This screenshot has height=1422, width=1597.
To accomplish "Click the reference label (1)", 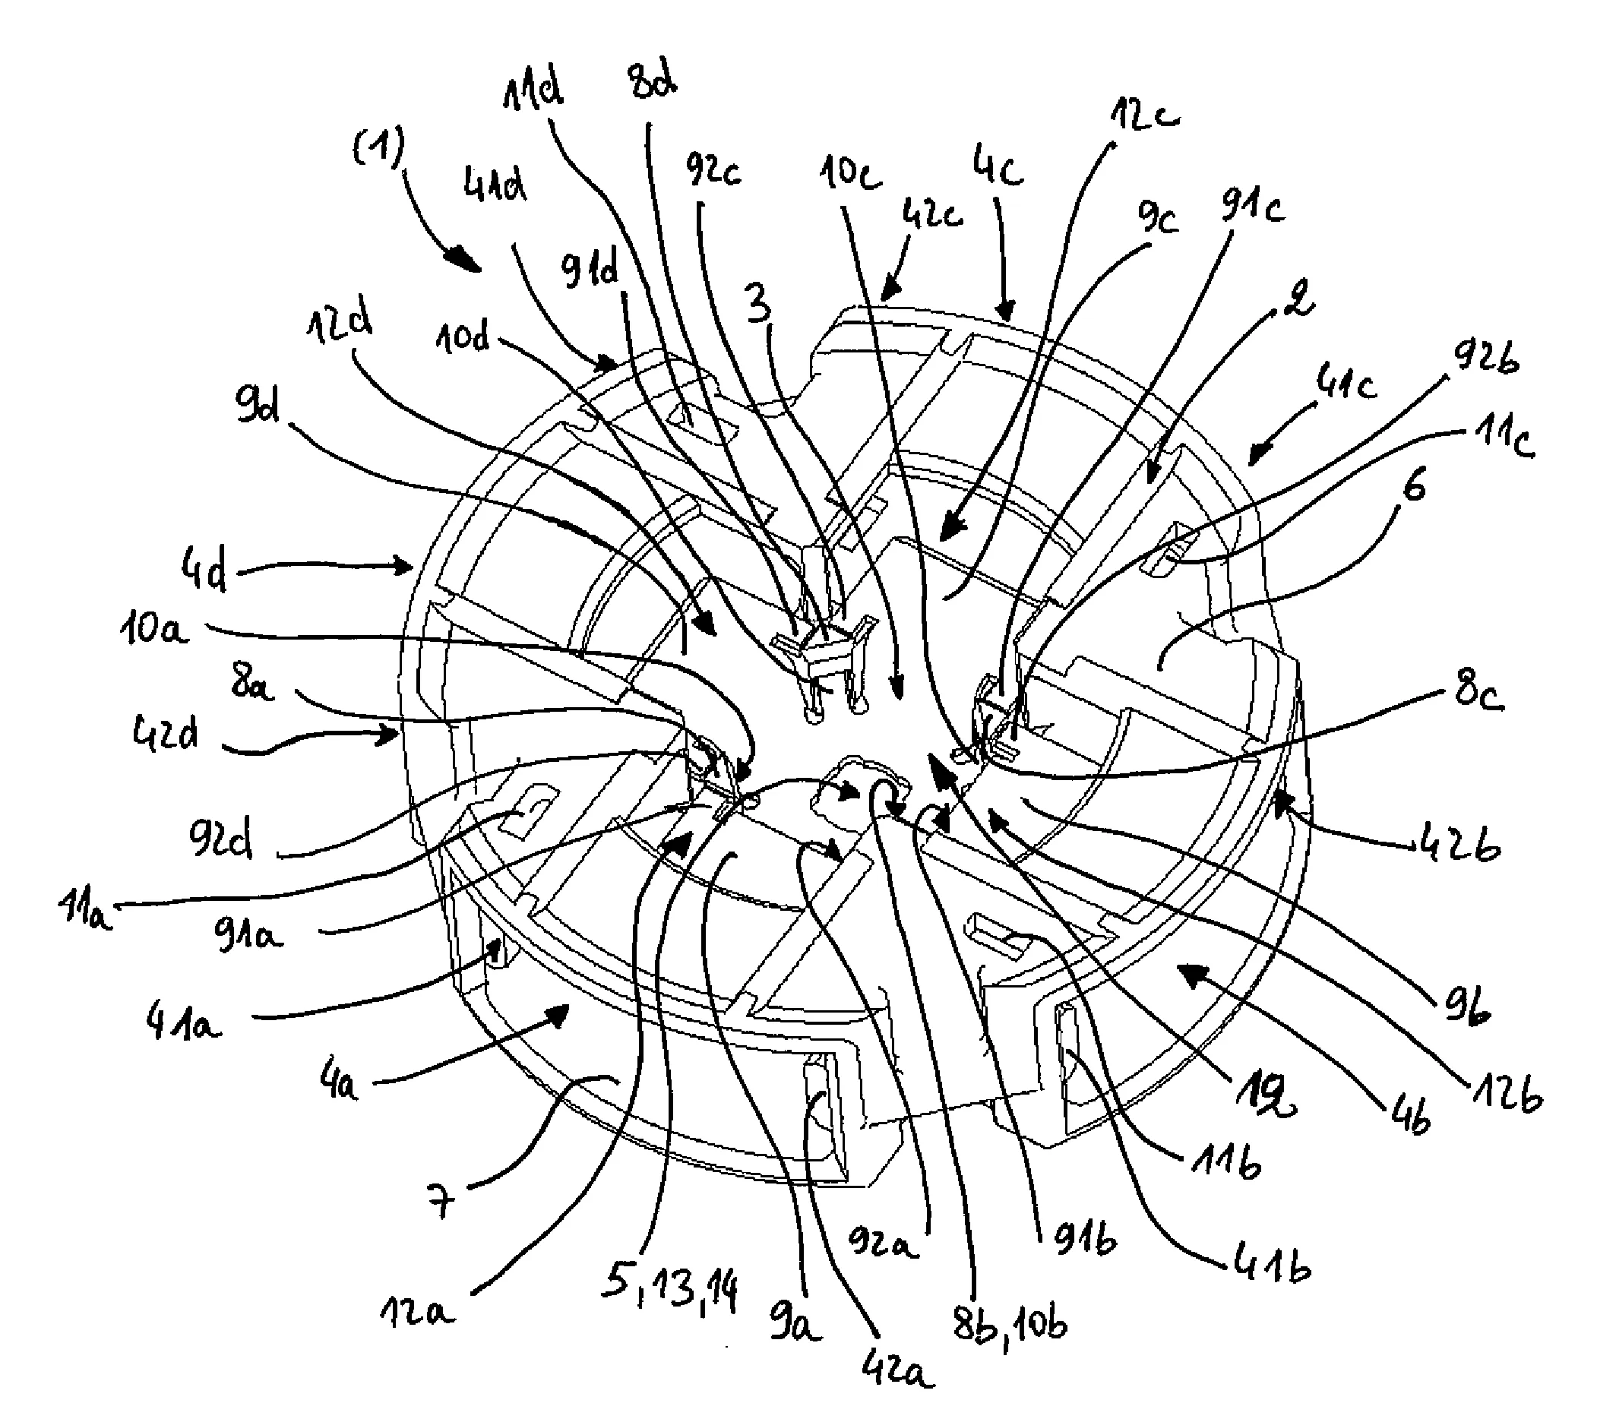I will [381, 147].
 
